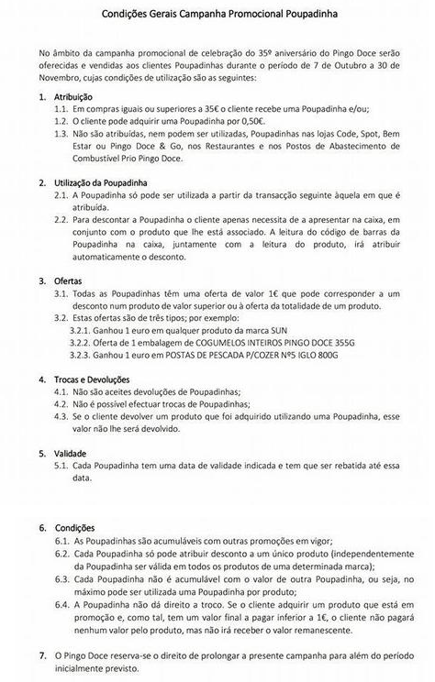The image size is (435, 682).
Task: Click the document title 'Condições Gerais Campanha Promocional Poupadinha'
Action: click(217, 15)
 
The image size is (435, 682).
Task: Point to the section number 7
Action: click(43, 655)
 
